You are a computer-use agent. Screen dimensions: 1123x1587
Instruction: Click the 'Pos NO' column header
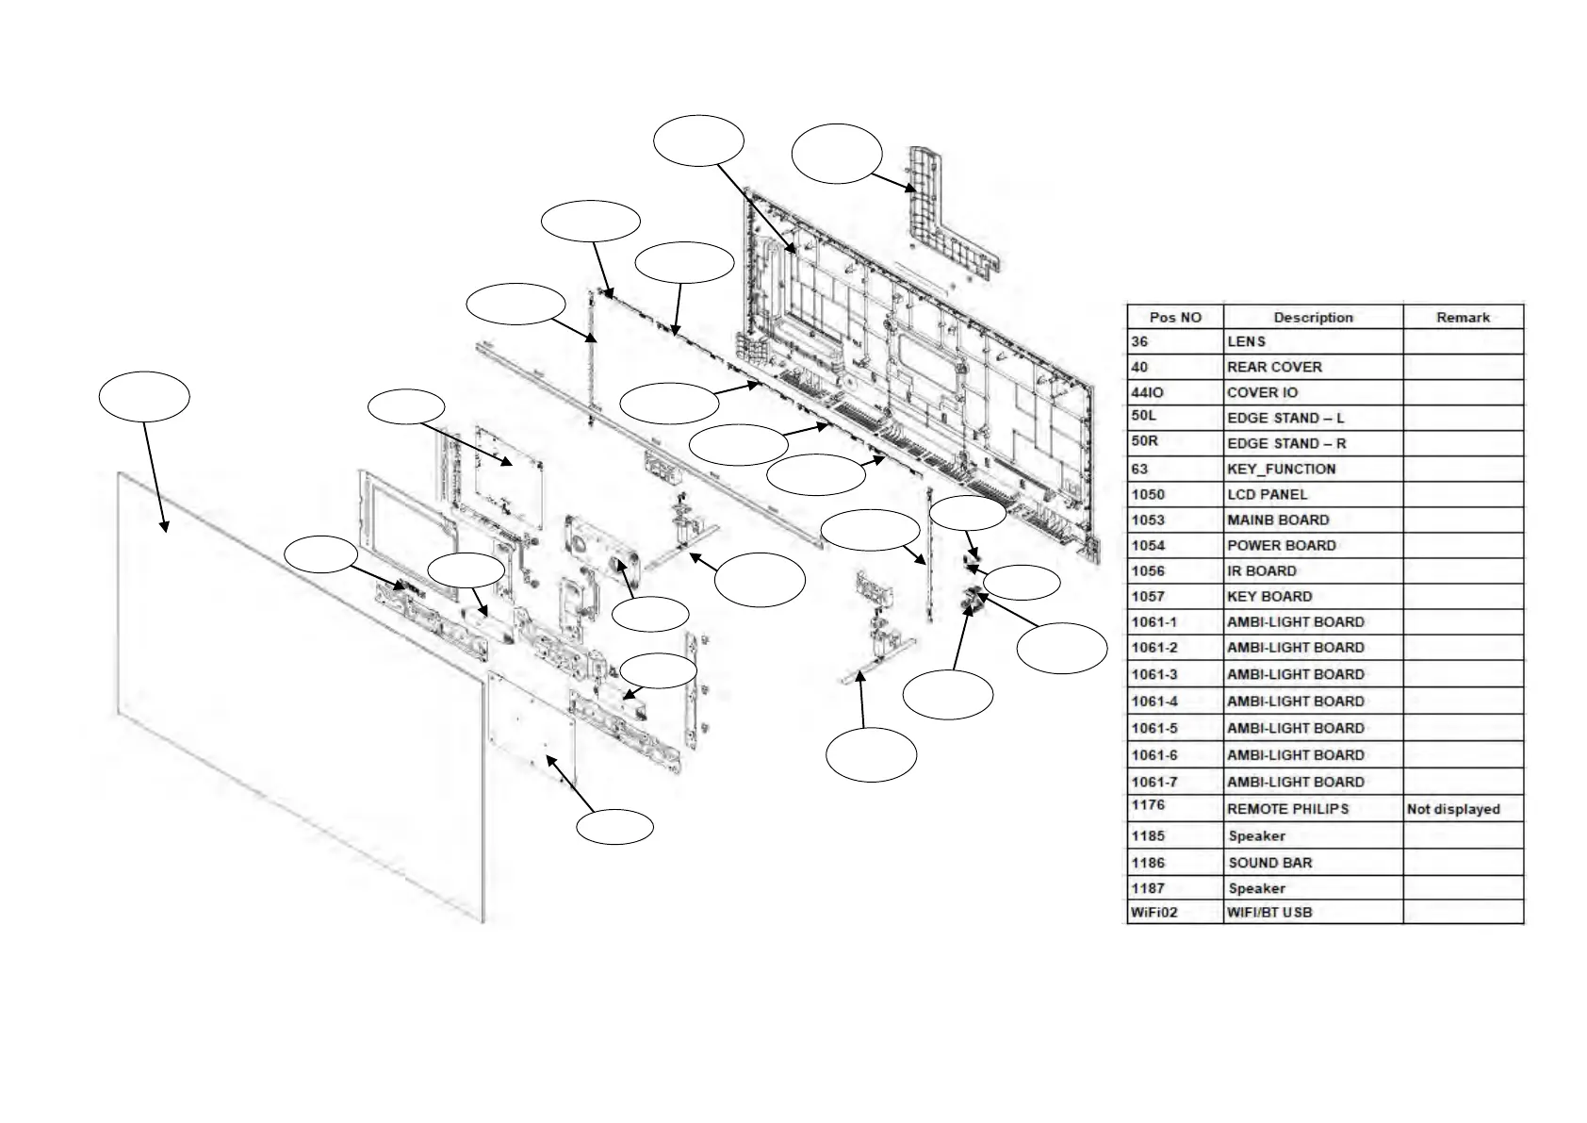click(1175, 317)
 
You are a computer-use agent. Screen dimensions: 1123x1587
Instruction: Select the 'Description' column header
click(1313, 317)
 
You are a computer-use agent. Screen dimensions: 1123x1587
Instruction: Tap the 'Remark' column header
click(1463, 317)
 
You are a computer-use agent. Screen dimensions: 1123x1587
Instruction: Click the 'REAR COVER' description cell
click(1274, 367)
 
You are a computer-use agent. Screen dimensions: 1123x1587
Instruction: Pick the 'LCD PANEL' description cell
click(1267, 494)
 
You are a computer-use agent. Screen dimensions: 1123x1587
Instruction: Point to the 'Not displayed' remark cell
click(1453, 809)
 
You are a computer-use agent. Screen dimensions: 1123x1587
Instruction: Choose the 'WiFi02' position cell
click(1154, 912)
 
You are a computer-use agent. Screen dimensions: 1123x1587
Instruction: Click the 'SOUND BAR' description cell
click(1269, 862)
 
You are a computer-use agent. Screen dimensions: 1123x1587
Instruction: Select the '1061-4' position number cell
click(1154, 701)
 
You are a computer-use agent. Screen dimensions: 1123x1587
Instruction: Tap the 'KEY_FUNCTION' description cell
click(1281, 469)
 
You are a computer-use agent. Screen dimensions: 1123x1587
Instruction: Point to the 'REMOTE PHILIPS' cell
click(1287, 809)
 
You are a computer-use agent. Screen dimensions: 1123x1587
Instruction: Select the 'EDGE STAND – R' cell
click(1286, 443)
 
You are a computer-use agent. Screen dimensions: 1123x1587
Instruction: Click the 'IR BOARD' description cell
click(1261, 570)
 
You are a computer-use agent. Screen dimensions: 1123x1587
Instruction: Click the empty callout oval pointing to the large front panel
click(144, 397)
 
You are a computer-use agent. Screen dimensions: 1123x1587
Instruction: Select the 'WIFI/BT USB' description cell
click(1268, 912)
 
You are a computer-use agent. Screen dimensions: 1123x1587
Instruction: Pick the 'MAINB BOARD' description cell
click(1278, 520)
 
